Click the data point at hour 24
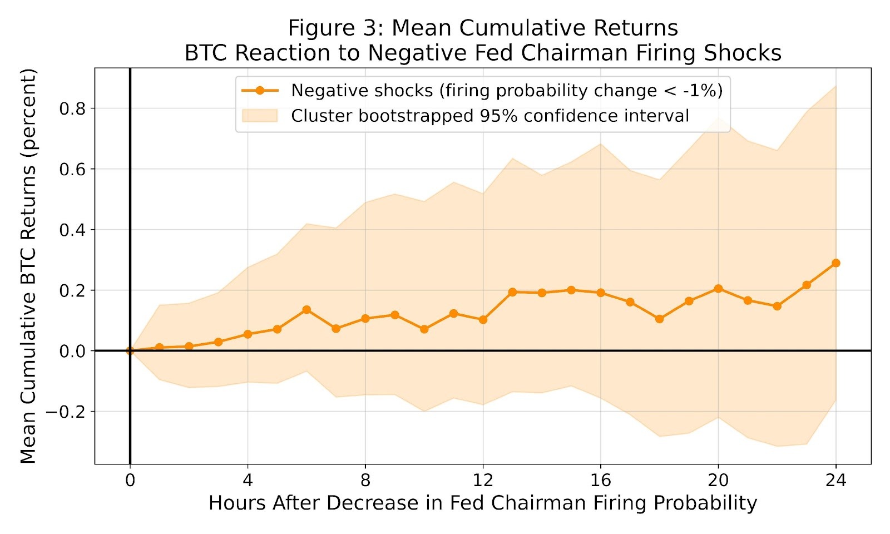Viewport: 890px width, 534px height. click(x=835, y=263)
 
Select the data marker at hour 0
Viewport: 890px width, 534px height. click(x=130, y=351)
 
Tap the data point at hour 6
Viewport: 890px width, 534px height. click(x=306, y=310)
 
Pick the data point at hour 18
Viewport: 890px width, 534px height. click(x=659, y=319)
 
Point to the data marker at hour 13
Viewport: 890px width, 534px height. click(x=512, y=292)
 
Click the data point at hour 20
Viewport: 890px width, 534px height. click(x=718, y=289)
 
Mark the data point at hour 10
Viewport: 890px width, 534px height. click(x=424, y=329)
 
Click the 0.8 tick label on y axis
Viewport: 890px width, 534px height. click(x=73, y=108)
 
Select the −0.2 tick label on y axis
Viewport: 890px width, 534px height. click(x=66, y=412)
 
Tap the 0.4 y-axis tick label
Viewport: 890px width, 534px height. click(x=73, y=230)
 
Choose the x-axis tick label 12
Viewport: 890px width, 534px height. click(x=483, y=480)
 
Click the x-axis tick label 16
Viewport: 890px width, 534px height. click(x=600, y=480)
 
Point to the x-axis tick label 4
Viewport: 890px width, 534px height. click(x=248, y=480)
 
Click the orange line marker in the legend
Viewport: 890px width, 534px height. click(x=259, y=91)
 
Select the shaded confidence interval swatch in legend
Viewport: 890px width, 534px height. click(x=259, y=116)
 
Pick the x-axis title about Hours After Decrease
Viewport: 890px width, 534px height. click(x=482, y=503)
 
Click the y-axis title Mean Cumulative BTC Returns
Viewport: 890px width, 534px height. click(x=28, y=266)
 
